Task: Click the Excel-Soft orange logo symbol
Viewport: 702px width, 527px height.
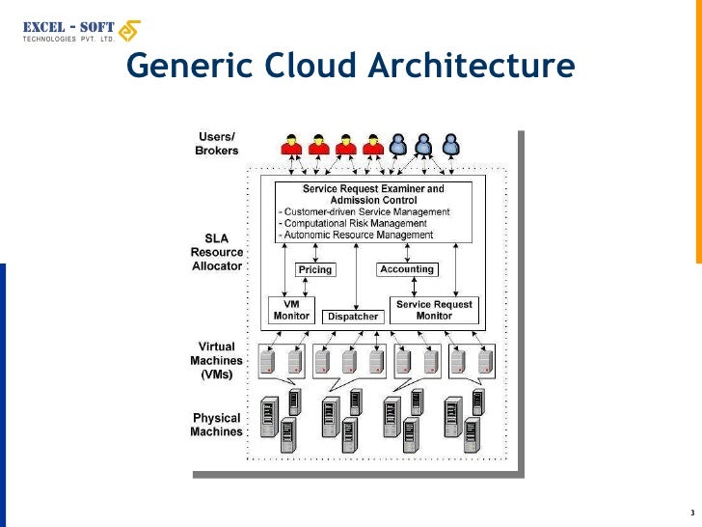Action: click(127, 32)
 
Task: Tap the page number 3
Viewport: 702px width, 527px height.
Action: click(691, 511)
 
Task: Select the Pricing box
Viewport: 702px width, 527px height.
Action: click(315, 269)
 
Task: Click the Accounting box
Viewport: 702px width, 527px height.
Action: click(407, 269)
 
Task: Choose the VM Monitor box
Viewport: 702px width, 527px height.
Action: click(291, 310)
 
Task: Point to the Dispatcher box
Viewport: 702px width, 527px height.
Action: click(353, 317)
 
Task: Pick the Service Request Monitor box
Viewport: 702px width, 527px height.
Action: click(434, 310)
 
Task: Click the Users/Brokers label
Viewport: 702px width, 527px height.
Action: click(217, 144)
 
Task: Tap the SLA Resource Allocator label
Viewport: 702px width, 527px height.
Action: click(216, 252)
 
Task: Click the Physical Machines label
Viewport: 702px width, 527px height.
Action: click(217, 425)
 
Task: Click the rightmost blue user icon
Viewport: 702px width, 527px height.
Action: click(449, 145)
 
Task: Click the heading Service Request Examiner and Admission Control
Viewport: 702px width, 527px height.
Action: click(374, 194)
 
